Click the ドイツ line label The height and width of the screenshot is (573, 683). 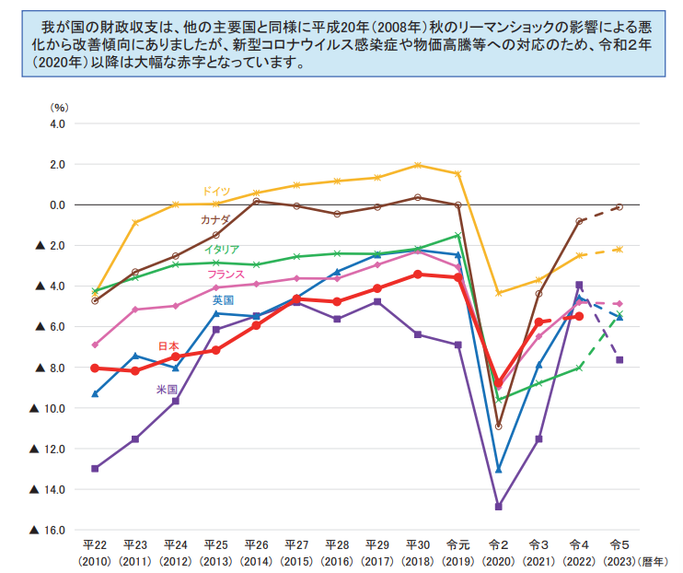[216, 190]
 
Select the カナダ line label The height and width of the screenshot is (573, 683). [215, 219]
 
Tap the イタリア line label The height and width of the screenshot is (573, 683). [222, 250]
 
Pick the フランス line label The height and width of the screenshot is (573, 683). [225, 275]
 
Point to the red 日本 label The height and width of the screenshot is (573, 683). [168, 345]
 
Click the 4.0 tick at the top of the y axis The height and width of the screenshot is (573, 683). [58, 123]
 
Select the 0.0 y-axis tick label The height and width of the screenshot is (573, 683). [58, 205]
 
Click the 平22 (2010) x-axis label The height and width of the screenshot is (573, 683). [95, 553]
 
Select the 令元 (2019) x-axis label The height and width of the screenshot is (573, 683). [457, 553]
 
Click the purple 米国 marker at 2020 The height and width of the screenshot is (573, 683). [499, 507]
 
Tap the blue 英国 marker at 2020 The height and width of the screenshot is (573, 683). [499, 470]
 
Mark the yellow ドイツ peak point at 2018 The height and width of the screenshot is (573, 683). [418, 166]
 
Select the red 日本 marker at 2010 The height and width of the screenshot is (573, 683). [95, 368]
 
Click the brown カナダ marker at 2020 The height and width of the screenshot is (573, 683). [499, 427]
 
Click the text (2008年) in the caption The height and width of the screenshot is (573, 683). [400, 24]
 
